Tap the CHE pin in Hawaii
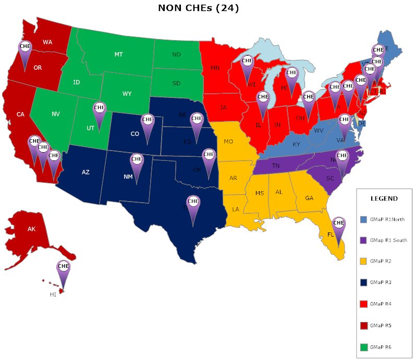pyautogui.click(x=63, y=267)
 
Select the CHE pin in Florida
pyautogui.click(x=339, y=224)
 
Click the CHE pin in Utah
pyautogui.click(x=99, y=109)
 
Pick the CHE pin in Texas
pyautogui.click(x=193, y=202)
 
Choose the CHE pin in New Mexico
pyautogui.click(x=137, y=159)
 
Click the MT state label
pyautogui.click(x=118, y=54)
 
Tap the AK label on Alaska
pyautogui.click(x=31, y=229)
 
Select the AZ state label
pyautogui.click(x=86, y=172)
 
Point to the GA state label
pyautogui.click(x=309, y=198)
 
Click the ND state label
pyautogui.click(x=176, y=54)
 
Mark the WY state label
pyautogui.click(x=127, y=94)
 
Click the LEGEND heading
pyautogui.click(x=384, y=198)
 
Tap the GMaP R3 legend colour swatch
pyautogui.click(x=363, y=282)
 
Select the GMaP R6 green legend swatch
pyautogui.click(x=363, y=346)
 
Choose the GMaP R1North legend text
pyautogui.click(x=387, y=219)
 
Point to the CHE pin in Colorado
pyautogui.click(x=148, y=120)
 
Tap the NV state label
pyautogui.click(x=56, y=113)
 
